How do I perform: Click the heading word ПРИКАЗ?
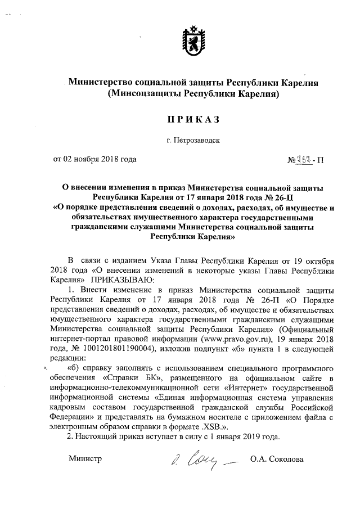pyautogui.click(x=191, y=120)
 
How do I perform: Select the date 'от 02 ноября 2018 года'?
pyautogui.click(x=95, y=159)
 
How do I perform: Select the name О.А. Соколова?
pyautogui.click(x=277, y=460)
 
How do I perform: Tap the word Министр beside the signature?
pyautogui.click(x=85, y=460)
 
